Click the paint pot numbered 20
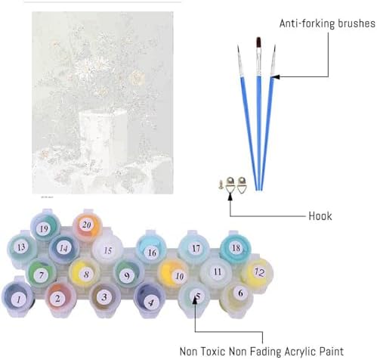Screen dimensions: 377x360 [87, 225]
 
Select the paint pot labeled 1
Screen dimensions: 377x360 [18, 298]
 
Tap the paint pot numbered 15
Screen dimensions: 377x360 [107, 249]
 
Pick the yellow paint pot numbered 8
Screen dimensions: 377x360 [85, 273]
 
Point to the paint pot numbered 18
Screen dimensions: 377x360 [236, 247]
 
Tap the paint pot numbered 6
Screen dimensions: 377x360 [236, 298]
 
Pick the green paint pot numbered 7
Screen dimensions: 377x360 [42, 273]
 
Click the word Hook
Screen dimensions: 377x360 [320, 216]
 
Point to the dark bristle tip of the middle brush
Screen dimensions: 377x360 [258, 42]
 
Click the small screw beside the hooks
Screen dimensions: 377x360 [221, 185]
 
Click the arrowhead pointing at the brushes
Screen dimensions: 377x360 [276, 76]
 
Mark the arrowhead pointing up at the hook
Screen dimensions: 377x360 [230, 197]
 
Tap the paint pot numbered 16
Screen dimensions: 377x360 [151, 248]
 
